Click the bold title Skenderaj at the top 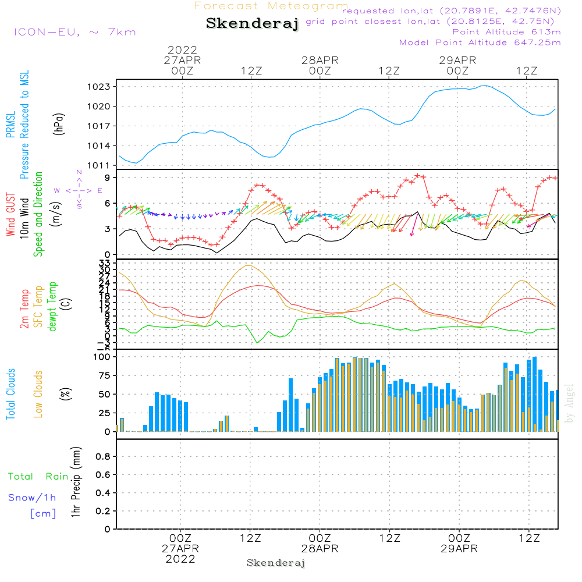tap(252, 24)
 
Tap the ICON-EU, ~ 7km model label tap(74, 32)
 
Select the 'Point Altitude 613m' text tap(506, 31)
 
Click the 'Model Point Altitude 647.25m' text tap(480, 42)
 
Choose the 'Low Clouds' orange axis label tap(38, 394)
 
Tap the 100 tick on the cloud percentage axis tap(102, 357)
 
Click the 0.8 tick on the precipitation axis tap(102, 457)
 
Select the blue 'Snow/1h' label tap(32, 498)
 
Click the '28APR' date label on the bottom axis tap(320, 549)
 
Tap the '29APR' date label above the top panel tap(458, 61)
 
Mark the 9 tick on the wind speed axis tap(108, 178)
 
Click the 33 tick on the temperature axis tap(105, 264)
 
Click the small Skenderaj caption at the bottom tap(276, 563)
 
